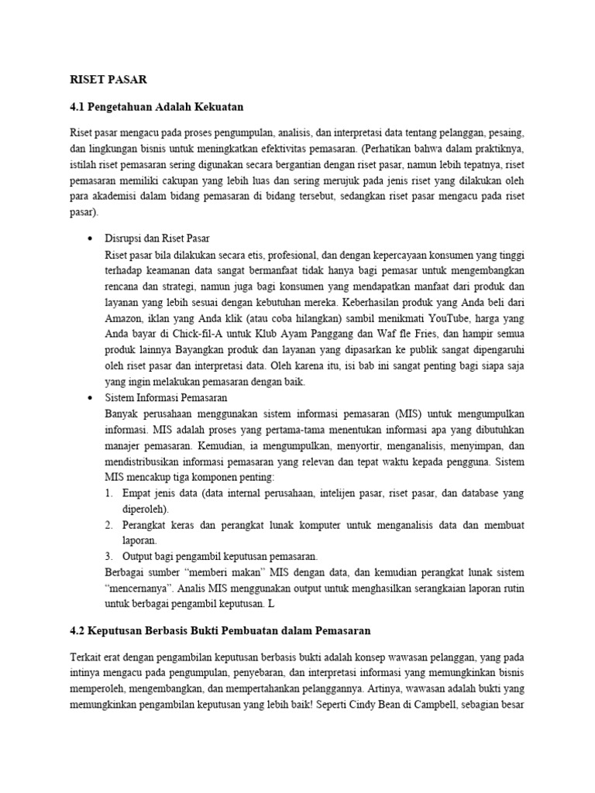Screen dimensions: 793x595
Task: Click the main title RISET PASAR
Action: click(x=108, y=79)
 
